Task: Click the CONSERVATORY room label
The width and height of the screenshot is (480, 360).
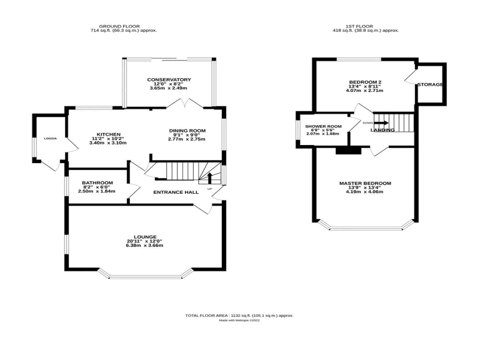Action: (169, 79)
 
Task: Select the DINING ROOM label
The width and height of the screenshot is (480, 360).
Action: (186, 131)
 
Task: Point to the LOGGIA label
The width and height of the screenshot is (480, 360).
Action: (51, 138)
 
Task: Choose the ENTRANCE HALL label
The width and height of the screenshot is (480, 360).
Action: (176, 192)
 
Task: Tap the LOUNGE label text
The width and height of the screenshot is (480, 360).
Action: (144, 236)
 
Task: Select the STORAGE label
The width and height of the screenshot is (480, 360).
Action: (430, 84)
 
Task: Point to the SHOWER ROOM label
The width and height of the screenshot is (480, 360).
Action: (323, 127)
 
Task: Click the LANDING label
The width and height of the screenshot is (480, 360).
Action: (382, 130)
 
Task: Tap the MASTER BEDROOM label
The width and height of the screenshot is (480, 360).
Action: (365, 183)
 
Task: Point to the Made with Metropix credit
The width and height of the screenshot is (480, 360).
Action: (240, 321)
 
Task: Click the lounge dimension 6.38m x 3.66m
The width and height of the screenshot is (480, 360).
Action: (144, 246)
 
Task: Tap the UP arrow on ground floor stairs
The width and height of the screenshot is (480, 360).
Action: (210, 178)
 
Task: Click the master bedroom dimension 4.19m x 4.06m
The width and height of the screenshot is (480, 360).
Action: (365, 192)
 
